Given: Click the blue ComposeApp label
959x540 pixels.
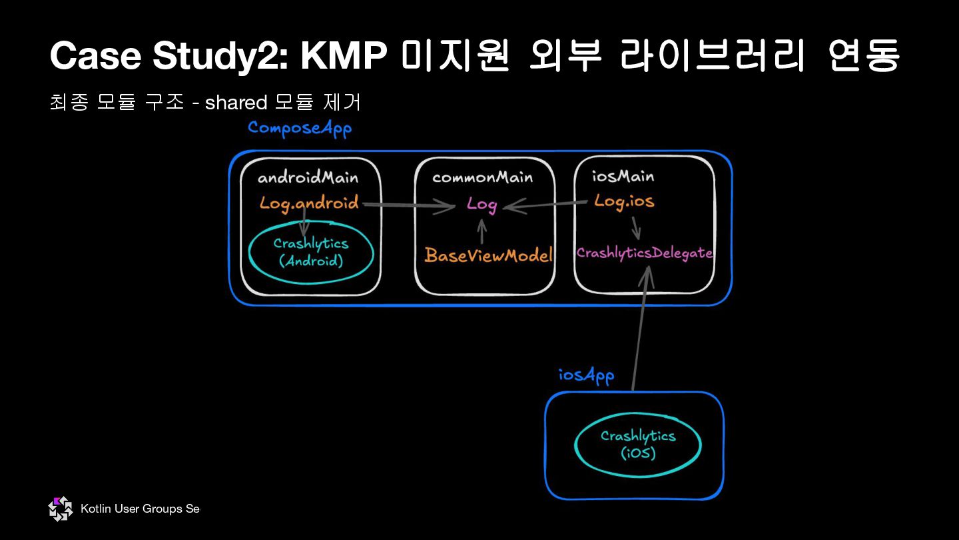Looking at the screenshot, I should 299,128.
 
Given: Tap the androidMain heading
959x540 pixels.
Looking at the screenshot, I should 308,177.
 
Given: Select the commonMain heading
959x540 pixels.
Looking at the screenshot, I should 482,177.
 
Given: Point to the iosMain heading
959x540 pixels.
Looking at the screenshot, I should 623,176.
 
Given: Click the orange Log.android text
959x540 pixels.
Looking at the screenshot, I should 309,203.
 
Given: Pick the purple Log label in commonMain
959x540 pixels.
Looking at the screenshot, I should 481,204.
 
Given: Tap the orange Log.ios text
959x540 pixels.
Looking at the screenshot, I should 624,201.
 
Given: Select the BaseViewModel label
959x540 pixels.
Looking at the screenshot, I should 489,255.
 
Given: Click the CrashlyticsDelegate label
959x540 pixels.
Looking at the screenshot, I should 645,253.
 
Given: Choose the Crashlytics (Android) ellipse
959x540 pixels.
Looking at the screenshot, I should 311,252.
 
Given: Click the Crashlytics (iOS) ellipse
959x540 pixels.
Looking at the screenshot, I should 638,445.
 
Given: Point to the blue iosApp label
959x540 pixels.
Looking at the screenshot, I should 586,375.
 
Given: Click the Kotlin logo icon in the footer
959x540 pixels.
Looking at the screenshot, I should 61,509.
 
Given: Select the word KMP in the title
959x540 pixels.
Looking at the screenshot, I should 344,56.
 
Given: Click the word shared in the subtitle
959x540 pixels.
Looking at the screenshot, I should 236,102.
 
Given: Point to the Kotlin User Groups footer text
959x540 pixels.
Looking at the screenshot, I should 140,509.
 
